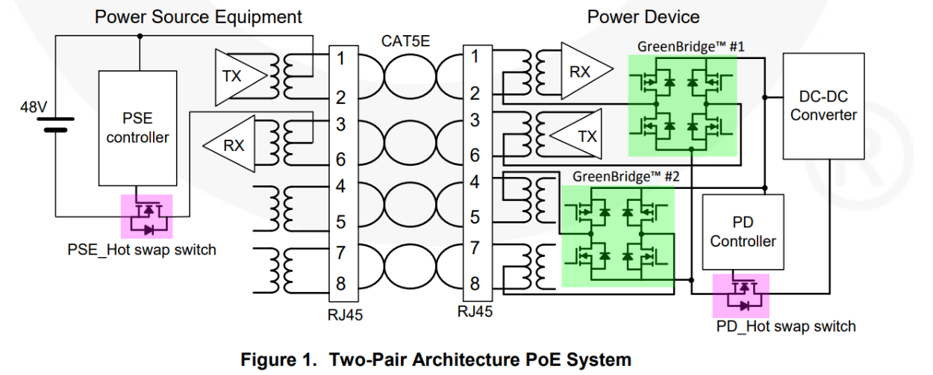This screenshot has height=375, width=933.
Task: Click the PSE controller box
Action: [x=137, y=128]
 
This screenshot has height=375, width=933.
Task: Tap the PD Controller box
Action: [x=743, y=232]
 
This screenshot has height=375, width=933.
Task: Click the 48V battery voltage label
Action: [x=34, y=108]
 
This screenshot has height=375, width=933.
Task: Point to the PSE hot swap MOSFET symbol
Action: [x=147, y=215]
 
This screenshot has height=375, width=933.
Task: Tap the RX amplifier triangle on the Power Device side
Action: [x=585, y=72]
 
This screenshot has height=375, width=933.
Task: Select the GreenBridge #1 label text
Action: [x=691, y=46]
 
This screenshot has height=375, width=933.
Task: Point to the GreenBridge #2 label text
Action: [x=626, y=177]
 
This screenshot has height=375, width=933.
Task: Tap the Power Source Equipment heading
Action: [x=198, y=16]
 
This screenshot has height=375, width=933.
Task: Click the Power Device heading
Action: [x=643, y=16]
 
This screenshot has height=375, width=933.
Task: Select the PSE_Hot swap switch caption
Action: [x=141, y=250]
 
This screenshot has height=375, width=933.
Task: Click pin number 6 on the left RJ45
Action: [x=340, y=159]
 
